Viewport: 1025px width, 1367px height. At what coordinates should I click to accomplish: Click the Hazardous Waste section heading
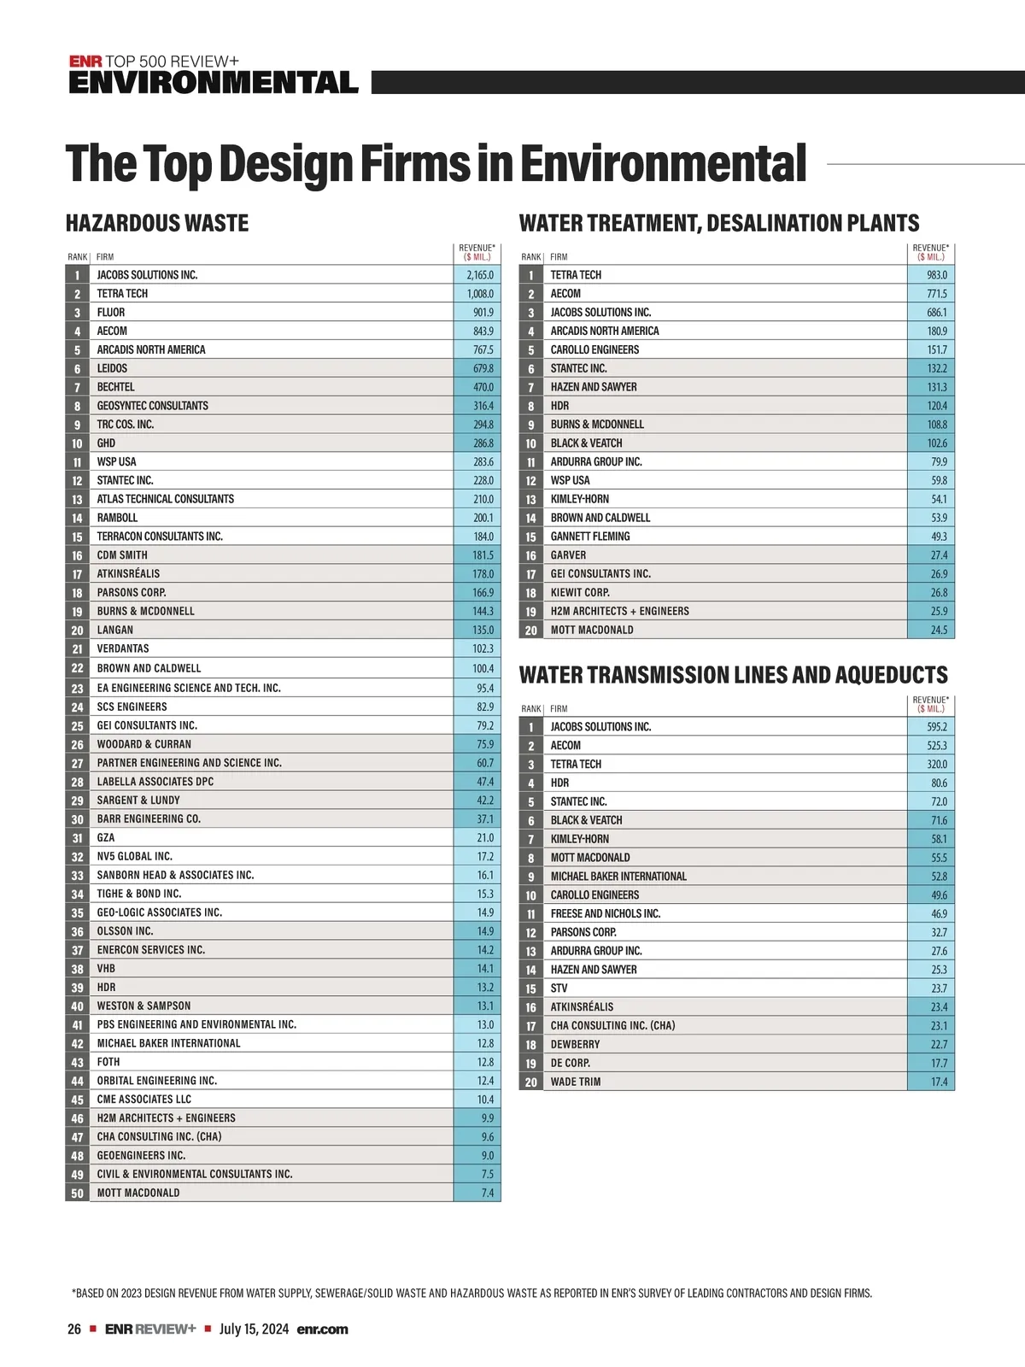(157, 224)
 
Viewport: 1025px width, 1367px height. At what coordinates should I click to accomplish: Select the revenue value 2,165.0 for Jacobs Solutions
(479, 275)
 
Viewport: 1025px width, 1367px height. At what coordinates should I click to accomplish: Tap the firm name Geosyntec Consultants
(152, 406)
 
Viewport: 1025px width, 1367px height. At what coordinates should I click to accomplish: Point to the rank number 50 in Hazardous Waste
(77, 1194)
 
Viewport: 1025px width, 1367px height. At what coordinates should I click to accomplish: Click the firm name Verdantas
(123, 648)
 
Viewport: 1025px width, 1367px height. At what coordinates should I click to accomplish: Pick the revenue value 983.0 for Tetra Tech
(936, 275)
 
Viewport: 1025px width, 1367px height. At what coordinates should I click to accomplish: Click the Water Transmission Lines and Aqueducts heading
(733, 675)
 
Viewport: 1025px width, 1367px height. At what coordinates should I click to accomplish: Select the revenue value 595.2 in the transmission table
(936, 727)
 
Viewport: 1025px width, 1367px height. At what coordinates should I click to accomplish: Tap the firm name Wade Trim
(575, 1082)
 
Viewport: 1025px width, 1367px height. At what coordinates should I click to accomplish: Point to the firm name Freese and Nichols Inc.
(605, 913)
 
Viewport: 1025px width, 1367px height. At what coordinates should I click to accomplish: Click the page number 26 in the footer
(74, 1329)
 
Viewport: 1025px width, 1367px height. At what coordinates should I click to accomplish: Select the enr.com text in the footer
(322, 1329)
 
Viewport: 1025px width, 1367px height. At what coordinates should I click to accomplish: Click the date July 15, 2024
(254, 1329)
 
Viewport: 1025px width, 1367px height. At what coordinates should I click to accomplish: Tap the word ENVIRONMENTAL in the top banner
(213, 83)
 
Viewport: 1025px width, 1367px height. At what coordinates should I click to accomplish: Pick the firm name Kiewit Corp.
(579, 592)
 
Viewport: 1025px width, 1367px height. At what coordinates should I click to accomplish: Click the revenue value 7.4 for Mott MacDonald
(487, 1194)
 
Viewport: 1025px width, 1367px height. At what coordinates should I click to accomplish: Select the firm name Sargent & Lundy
(138, 801)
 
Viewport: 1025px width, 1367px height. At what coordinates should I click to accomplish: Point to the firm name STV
(559, 989)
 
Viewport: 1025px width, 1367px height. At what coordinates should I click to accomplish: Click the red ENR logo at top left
(85, 62)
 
